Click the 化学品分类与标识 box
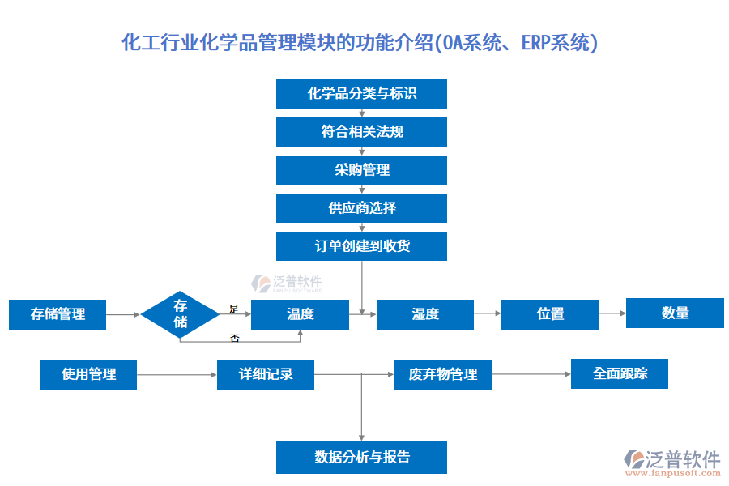[x=361, y=93]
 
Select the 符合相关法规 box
[x=361, y=131]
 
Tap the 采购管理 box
[x=361, y=170]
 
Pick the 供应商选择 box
[x=361, y=208]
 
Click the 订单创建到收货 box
[x=361, y=246]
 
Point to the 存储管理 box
[x=58, y=314]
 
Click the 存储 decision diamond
[x=180, y=315]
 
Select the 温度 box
[x=300, y=314]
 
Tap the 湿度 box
[x=425, y=314]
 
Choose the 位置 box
[x=550, y=314]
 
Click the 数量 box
[x=675, y=313]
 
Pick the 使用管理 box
[x=88, y=374]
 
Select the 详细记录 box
[x=266, y=374]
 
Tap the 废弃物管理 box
[x=442, y=374]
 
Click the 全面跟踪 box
[x=620, y=373]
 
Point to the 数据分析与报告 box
[x=361, y=458]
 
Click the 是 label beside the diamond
[x=234, y=309]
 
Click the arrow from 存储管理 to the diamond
[x=123, y=314]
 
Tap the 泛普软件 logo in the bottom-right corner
[x=671, y=460]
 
